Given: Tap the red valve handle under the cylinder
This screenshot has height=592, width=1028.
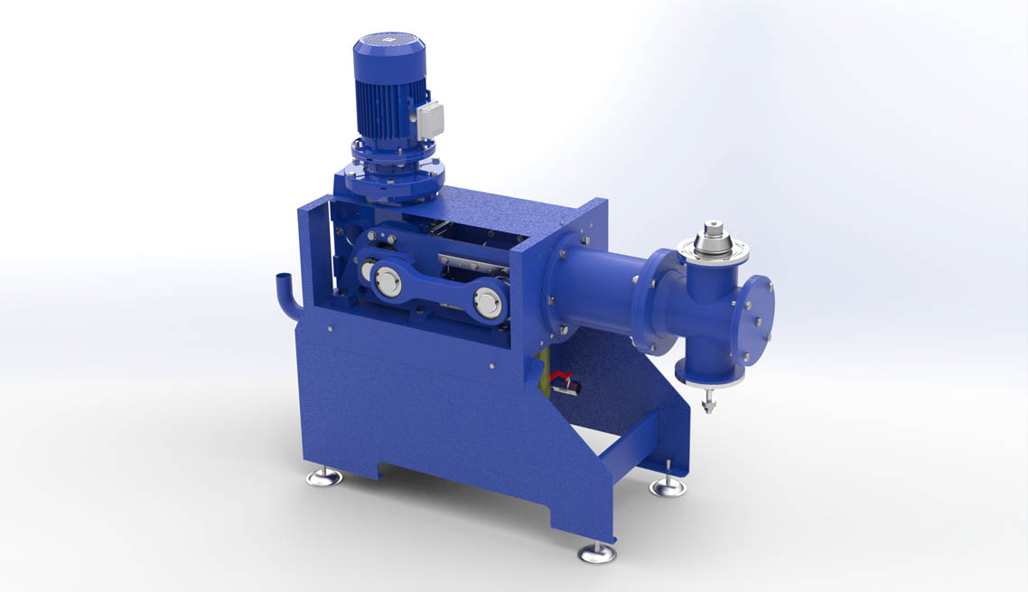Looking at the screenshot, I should [x=565, y=378].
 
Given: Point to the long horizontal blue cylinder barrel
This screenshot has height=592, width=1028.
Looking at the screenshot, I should [x=601, y=280].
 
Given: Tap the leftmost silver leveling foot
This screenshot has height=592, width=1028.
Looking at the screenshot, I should [x=324, y=476].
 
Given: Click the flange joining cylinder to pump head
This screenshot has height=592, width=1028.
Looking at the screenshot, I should [x=656, y=301].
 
